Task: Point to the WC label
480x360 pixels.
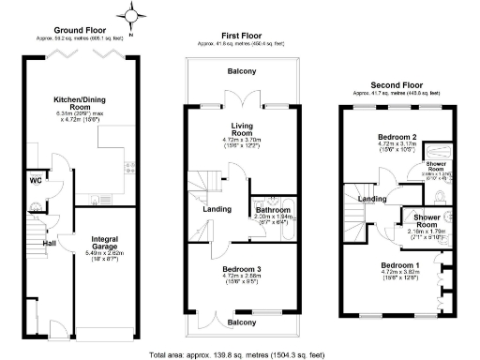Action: coord(35,180)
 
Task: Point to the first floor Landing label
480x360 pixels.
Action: coord(218,209)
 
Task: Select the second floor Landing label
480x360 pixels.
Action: coord(372,198)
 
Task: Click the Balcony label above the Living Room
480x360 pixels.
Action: coord(244,71)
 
